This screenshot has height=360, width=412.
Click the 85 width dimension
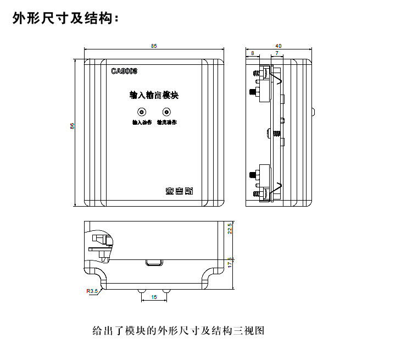(154, 46)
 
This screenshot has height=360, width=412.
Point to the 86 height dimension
(72, 126)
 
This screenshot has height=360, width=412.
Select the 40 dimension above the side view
(279, 46)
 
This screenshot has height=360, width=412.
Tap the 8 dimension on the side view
(252, 53)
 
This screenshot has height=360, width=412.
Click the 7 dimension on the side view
(276, 53)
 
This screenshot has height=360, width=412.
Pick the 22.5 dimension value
(231, 228)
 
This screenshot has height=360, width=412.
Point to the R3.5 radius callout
(91, 291)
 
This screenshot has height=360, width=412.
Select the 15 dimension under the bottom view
(154, 297)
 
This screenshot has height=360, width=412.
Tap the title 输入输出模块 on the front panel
(154, 95)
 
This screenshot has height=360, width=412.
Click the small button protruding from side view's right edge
(313, 113)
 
